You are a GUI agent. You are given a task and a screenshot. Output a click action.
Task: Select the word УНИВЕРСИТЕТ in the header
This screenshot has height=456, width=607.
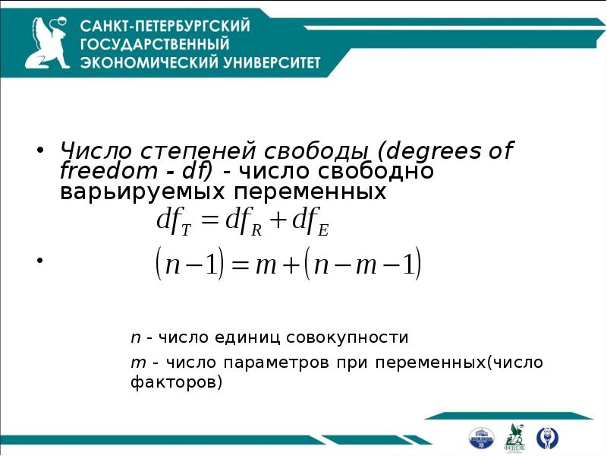266,62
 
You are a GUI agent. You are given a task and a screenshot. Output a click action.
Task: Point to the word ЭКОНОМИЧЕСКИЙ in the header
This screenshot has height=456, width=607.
143,62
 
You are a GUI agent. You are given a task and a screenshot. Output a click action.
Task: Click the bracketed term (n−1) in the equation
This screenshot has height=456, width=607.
187,266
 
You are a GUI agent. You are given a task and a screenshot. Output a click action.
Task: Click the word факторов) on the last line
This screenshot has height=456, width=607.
178,382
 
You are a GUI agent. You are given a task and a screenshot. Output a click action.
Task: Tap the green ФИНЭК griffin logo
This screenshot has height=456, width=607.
514,435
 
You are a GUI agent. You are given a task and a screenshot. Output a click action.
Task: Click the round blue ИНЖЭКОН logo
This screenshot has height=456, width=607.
481,437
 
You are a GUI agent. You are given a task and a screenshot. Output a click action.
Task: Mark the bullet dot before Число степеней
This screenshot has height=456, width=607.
42,149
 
